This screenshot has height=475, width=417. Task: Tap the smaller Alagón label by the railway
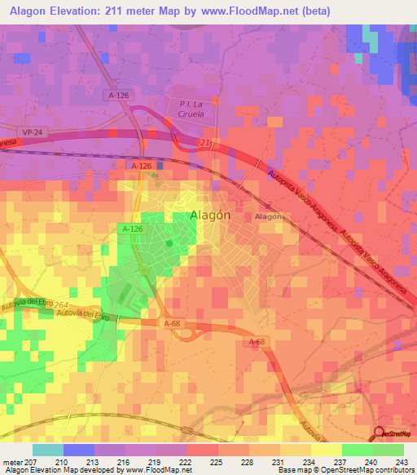268,217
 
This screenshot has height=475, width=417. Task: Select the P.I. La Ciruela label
186,109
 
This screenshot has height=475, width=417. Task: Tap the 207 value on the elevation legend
31,461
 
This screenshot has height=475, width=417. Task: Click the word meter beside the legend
11,461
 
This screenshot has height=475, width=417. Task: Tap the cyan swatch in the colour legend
47,450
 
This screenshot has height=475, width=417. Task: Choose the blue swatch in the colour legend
78,450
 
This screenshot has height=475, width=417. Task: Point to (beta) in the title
312,12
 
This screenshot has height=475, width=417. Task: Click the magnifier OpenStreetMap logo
380,433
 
